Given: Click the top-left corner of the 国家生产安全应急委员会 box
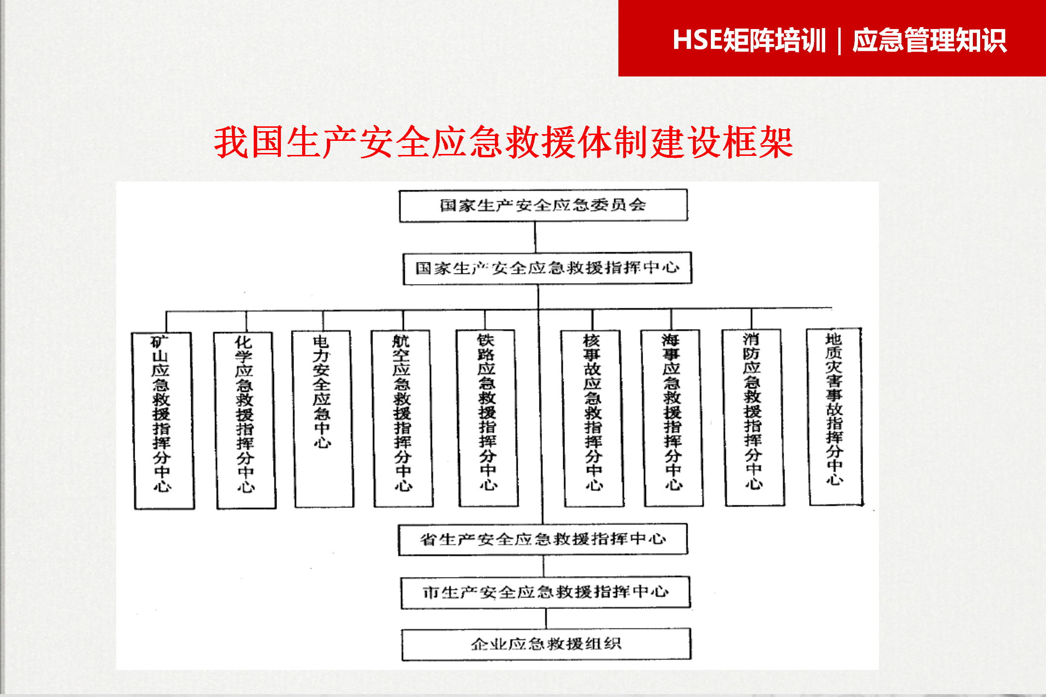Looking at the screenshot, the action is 400,191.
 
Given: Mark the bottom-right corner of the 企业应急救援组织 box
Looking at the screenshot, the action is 691,659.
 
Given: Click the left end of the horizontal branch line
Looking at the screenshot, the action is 166,312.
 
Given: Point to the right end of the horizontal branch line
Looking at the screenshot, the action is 832,308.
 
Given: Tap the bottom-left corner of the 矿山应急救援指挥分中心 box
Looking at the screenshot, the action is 135,509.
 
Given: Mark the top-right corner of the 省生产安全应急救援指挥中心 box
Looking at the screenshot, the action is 687,524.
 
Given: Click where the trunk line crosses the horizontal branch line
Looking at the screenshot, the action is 538,310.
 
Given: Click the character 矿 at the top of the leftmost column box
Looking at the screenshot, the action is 159,342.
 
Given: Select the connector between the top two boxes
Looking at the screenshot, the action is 535,237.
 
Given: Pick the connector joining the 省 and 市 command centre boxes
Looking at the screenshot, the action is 543,566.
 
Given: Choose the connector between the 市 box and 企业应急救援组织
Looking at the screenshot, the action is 546,619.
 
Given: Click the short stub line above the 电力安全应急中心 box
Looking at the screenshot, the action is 323,321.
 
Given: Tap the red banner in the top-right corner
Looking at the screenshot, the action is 832,38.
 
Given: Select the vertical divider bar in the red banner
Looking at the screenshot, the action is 839,41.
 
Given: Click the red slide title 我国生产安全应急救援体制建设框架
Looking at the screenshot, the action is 504,142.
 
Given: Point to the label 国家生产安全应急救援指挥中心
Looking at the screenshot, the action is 547,268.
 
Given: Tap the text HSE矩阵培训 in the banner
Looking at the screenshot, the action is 749,40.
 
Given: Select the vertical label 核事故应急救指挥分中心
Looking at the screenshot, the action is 593,412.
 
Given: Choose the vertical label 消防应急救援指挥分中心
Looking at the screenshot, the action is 753,410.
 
